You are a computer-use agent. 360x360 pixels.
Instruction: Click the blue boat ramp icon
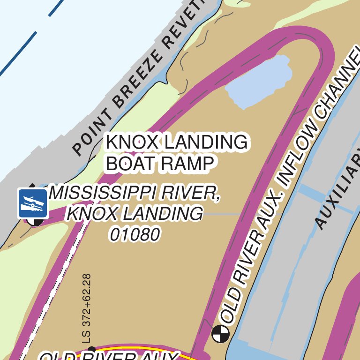coord(33,203)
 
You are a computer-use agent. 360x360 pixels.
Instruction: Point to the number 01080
coord(135,234)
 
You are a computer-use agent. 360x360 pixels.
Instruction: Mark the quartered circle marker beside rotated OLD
coord(220,333)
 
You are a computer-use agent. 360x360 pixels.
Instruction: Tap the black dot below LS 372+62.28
coord(91,349)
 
